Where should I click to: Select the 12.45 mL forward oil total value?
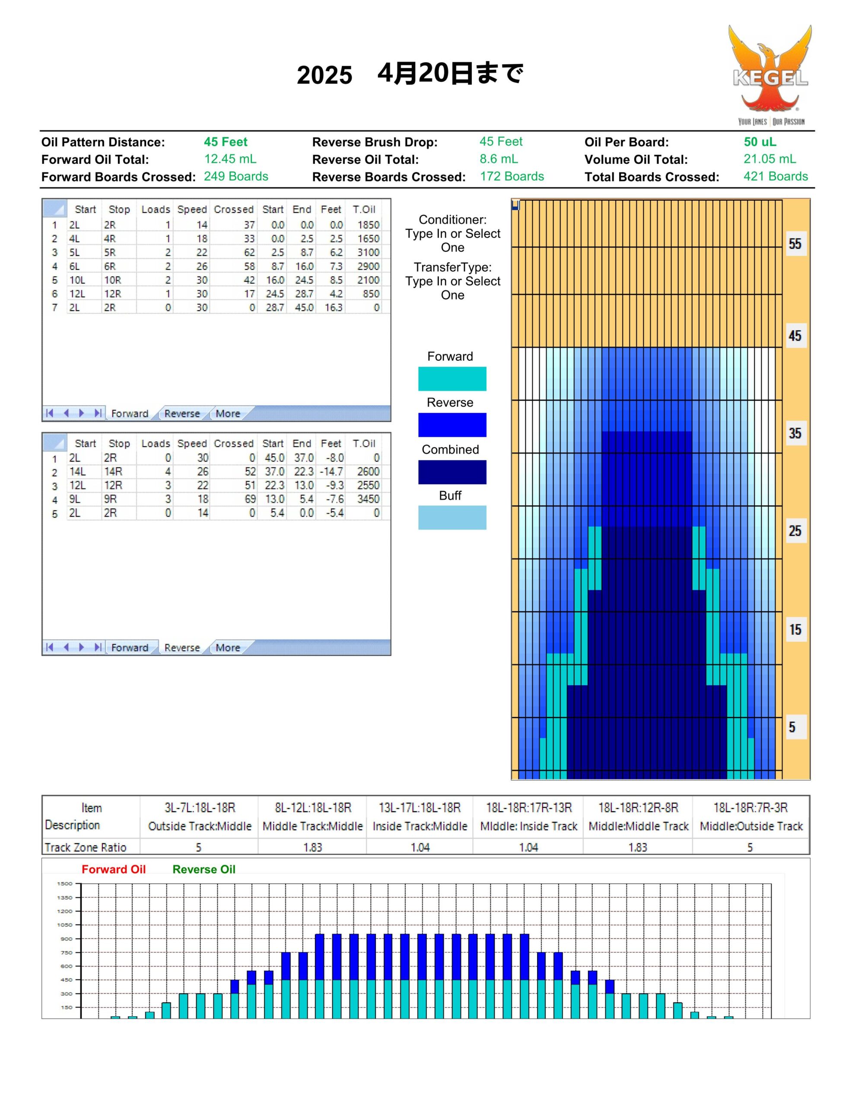pyautogui.click(x=230, y=159)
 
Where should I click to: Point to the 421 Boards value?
pyautogui.click(x=776, y=176)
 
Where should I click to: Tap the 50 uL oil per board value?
pyautogui.click(x=760, y=142)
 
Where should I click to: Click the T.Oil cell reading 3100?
pyautogui.click(x=368, y=252)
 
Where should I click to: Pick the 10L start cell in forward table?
pyautogui.click(x=77, y=280)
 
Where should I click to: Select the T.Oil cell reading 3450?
pyautogui.click(x=368, y=499)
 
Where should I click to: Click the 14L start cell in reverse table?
pyautogui.click(x=77, y=471)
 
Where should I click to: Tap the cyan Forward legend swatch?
pyautogui.click(x=452, y=379)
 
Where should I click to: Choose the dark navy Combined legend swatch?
pyautogui.click(x=452, y=472)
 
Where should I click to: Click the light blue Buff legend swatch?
pyautogui.click(x=452, y=518)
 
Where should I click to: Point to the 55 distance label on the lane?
pyautogui.click(x=795, y=244)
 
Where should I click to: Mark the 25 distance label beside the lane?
pyautogui.click(x=795, y=531)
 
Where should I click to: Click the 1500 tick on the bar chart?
pyautogui.click(x=65, y=884)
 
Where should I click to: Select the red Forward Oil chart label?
pyautogui.click(x=114, y=870)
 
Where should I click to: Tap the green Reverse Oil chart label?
pyautogui.click(x=203, y=870)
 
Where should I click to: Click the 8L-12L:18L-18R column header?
pyautogui.click(x=312, y=808)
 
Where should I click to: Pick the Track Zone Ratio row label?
pyautogui.click(x=85, y=847)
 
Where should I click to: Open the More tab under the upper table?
pyautogui.click(x=227, y=414)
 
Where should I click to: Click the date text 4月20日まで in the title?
pyautogui.click(x=450, y=73)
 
